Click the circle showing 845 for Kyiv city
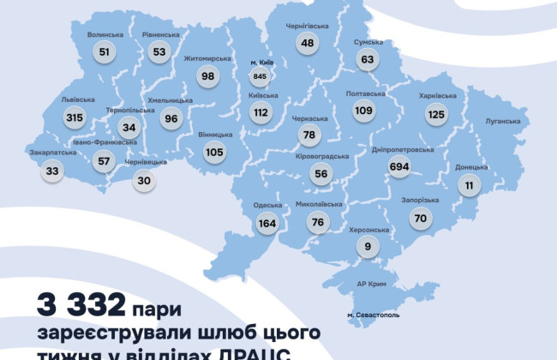(260, 76)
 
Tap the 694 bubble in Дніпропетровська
(398, 168)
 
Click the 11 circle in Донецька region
(469, 185)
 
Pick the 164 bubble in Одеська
(267, 224)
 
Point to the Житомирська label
(208, 58)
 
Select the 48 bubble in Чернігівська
(307, 42)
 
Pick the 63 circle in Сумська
(368, 59)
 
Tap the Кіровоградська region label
(322, 156)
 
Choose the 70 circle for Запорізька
(420, 218)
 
